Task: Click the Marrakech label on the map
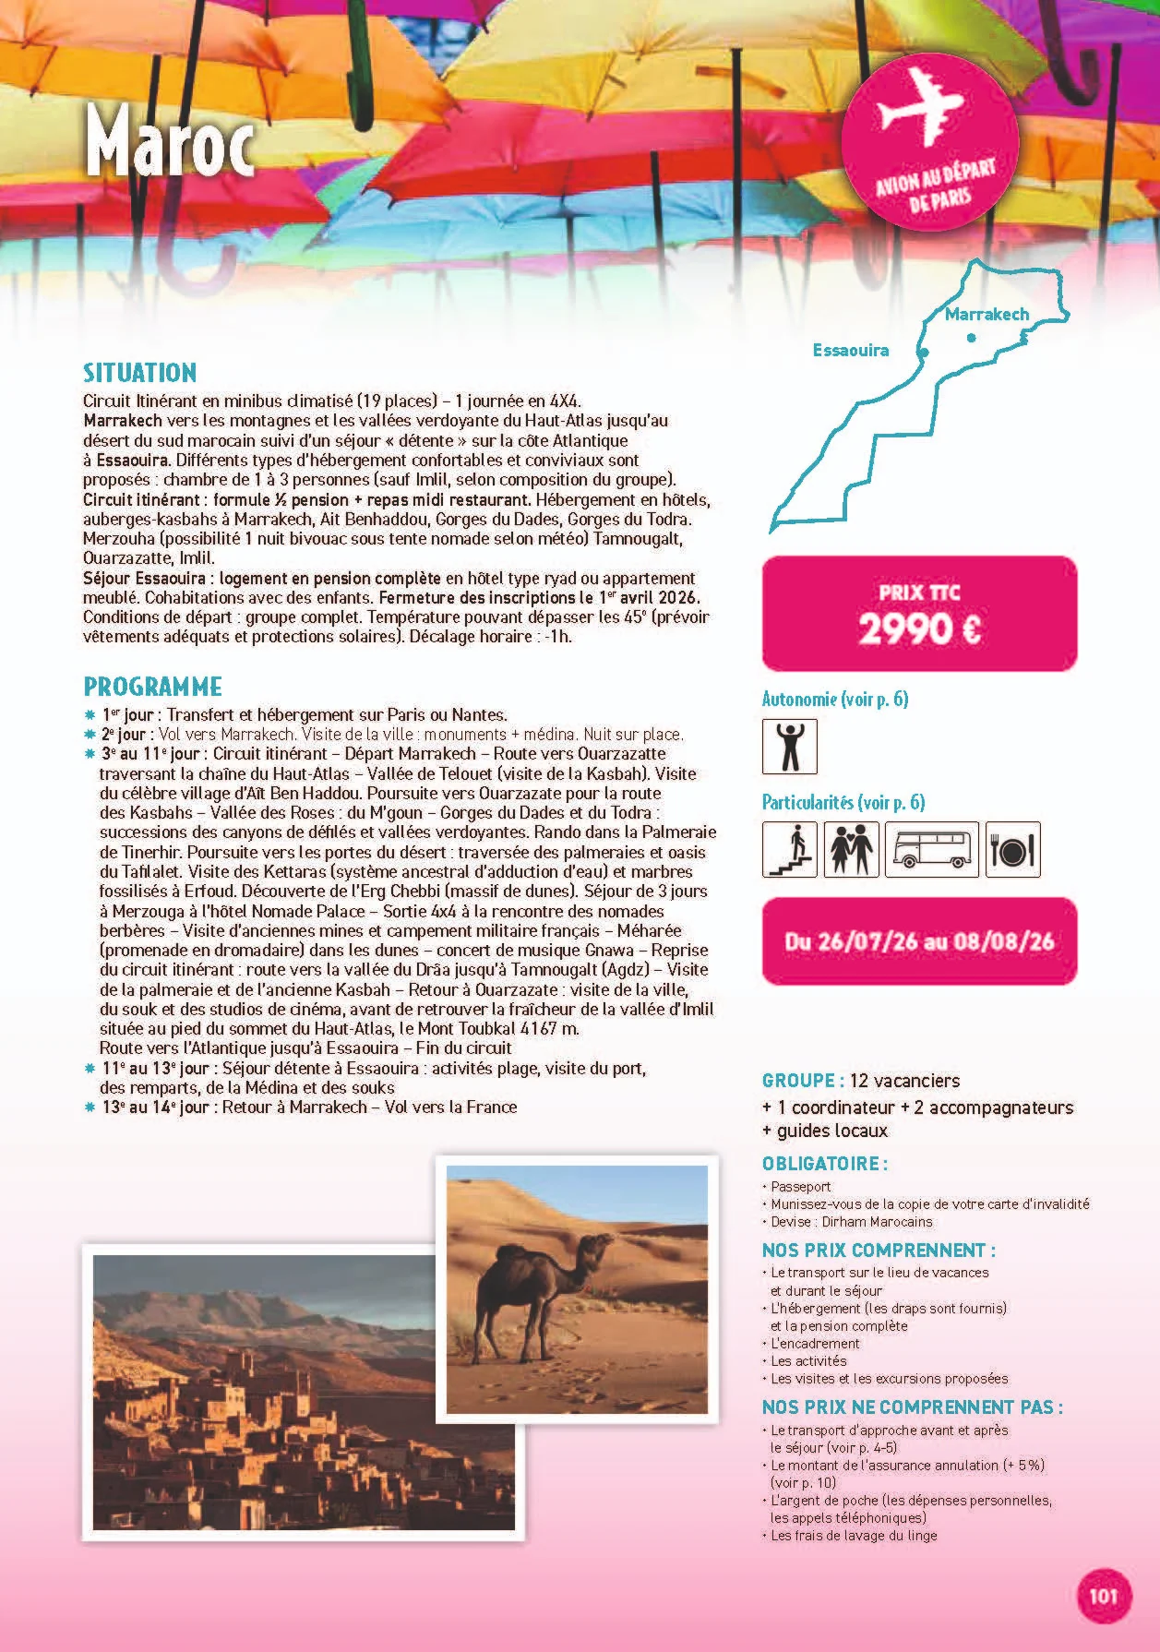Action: (987, 314)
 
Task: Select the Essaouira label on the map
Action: (850, 350)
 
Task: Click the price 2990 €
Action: (919, 629)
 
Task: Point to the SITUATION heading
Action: (139, 373)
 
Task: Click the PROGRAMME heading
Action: (152, 687)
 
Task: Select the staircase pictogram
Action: (789, 849)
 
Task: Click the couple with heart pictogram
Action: (851, 849)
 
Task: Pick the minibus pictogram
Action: (931, 849)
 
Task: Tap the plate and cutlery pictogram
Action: (1012, 849)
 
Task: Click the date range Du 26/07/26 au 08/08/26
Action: (919, 941)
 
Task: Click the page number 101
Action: (1103, 1596)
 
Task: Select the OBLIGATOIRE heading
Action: (824, 1163)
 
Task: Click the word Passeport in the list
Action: (800, 1187)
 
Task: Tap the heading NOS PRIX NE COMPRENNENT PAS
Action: (912, 1407)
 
